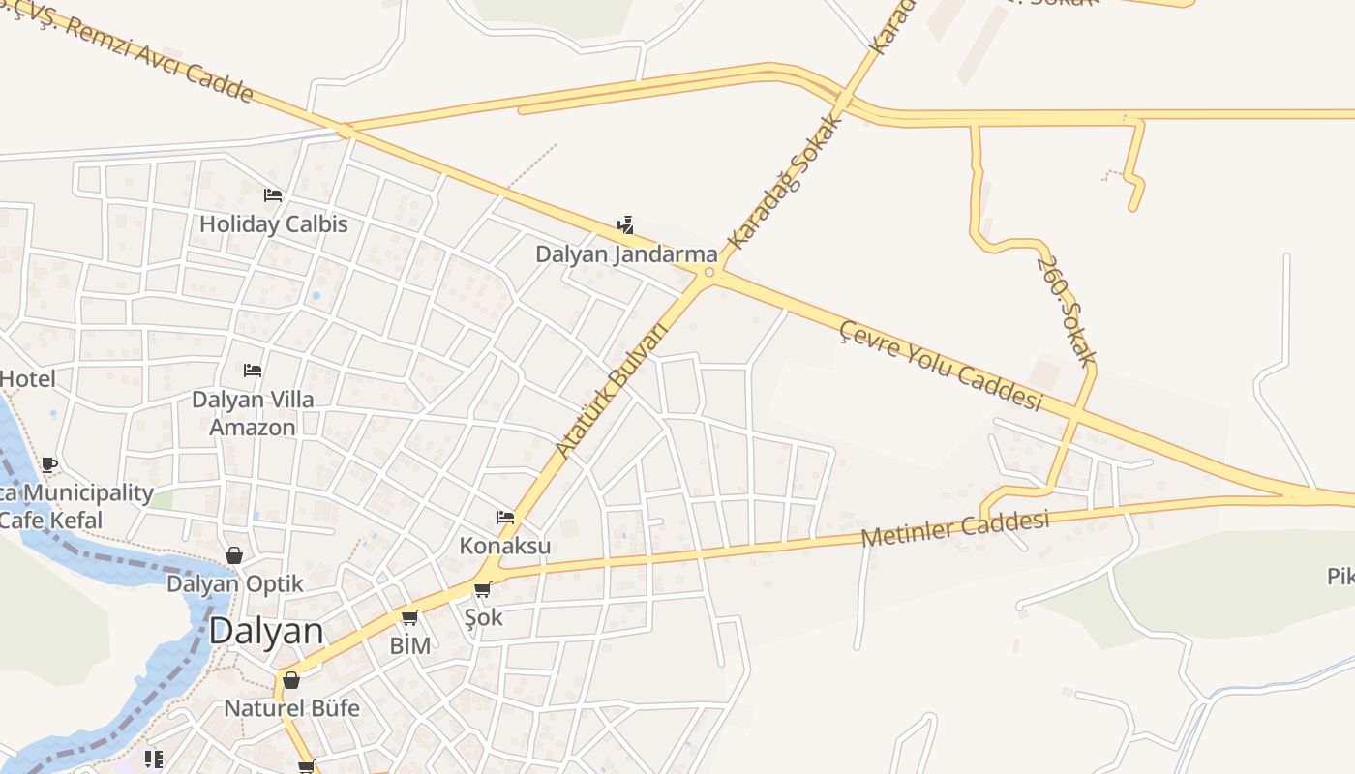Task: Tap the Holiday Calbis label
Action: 273,224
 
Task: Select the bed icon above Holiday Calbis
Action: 273,195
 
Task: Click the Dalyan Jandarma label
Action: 627,254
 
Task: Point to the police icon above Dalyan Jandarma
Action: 625,225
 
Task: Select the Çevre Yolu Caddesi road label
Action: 941,366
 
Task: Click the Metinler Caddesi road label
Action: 955,528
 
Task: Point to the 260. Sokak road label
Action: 1066,310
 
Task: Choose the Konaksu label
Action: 505,546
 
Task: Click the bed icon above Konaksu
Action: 504,518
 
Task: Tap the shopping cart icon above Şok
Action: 482,589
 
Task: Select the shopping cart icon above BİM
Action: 409,618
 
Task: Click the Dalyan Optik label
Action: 235,584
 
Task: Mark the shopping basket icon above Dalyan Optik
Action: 234,555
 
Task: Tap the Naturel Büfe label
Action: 291,708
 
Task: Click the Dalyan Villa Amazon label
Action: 253,413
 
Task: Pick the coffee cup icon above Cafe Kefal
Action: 49,465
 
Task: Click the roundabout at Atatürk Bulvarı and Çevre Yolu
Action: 709,273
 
